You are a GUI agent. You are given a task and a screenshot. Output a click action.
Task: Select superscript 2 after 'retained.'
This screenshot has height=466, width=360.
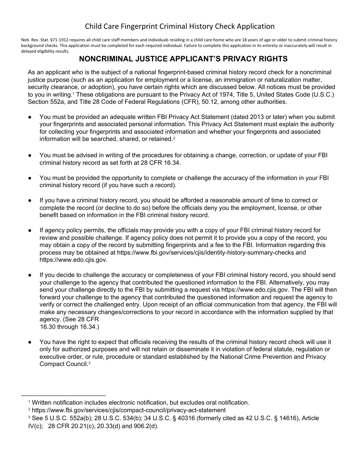(174, 138)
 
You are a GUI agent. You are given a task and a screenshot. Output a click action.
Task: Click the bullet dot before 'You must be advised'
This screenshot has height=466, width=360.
(30, 155)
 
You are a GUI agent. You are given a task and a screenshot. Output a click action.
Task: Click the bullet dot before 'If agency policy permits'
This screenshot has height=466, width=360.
(30, 230)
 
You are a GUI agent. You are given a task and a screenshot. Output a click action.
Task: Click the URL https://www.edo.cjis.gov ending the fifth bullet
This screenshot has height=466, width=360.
(74, 260)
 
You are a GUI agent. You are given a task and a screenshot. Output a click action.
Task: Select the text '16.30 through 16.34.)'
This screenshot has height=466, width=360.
(69, 327)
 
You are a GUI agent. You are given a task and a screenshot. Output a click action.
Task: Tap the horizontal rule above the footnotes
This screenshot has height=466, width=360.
(63, 395)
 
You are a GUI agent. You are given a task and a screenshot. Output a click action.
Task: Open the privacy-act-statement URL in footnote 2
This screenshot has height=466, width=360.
(129, 410)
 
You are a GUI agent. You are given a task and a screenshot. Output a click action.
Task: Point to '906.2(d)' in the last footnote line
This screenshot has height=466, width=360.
(146, 425)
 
